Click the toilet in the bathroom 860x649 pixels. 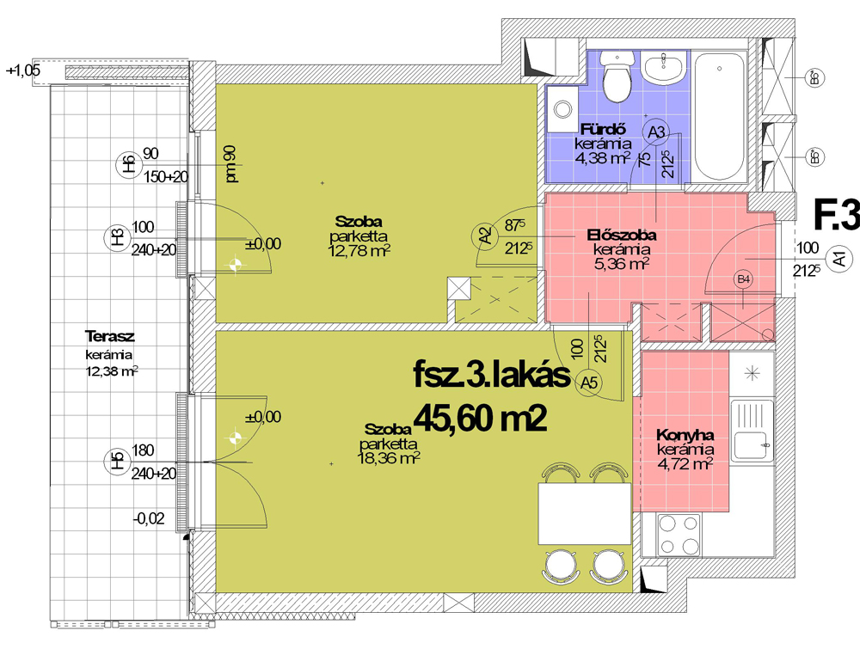[617, 77]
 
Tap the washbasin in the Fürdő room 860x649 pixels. [664, 68]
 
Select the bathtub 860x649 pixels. [719, 117]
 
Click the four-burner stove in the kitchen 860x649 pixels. [678, 534]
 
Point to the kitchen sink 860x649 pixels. [752, 431]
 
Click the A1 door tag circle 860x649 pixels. [839, 258]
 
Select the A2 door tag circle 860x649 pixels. [484, 236]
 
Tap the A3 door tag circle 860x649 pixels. [656, 132]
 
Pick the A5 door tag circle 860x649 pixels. [588, 382]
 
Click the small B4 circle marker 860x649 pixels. [743, 279]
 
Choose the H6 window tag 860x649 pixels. [128, 165]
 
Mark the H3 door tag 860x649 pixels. [117, 239]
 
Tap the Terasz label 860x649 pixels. [110, 336]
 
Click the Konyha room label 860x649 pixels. [685, 435]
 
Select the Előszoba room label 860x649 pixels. [622, 236]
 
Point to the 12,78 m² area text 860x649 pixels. [359, 251]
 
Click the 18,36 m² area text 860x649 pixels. [389, 457]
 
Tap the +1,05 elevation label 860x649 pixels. [23, 70]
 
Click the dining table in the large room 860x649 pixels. [585, 513]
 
